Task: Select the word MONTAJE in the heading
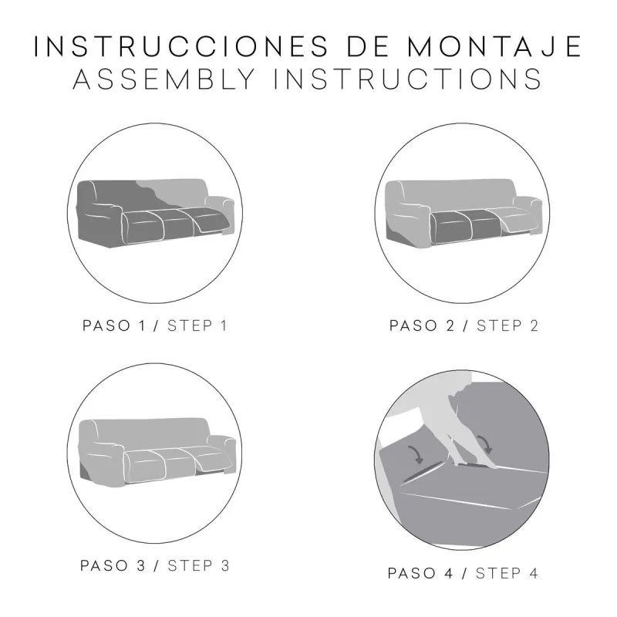[494, 46]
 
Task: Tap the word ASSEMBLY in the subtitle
[164, 79]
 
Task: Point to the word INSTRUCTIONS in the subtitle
[408, 79]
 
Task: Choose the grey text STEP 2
[507, 325]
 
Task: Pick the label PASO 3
[113, 566]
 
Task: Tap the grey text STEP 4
[507, 573]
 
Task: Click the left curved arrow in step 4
[416, 454]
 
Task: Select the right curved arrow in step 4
[485, 445]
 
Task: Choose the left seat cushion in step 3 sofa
[145, 464]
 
